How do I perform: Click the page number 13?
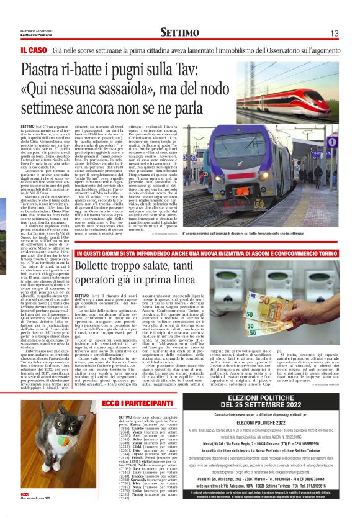pos(333,33)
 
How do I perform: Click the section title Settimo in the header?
pos(179,32)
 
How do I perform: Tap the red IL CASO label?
pos(34,50)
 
